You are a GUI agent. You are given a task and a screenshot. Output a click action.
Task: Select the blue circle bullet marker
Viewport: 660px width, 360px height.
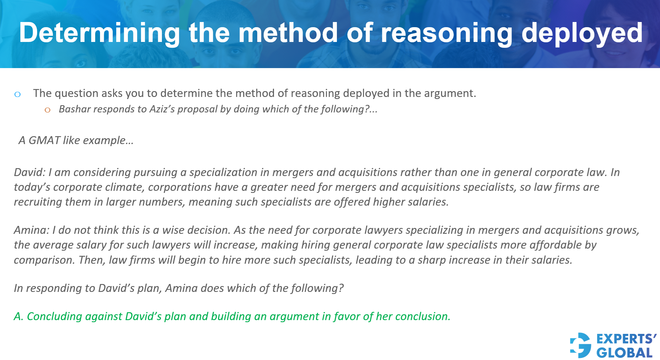pyautogui.click(x=18, y=94)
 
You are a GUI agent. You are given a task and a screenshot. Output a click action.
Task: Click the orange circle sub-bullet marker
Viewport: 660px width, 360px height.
pyautogui.click(x=47, y=110)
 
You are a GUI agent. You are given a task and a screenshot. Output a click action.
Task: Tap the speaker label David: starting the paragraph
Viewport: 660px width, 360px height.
pyautogui.click(x=30, y=172)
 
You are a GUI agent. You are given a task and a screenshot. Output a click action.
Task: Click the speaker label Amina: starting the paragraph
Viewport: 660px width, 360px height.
pyautogui.click(x=32, y=230)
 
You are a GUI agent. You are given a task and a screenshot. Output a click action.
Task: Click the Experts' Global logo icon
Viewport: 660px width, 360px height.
pyautogui.click(x=581, y=345)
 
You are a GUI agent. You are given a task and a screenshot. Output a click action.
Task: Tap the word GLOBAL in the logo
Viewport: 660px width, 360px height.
pyautogui.click(x=624, y=353)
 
